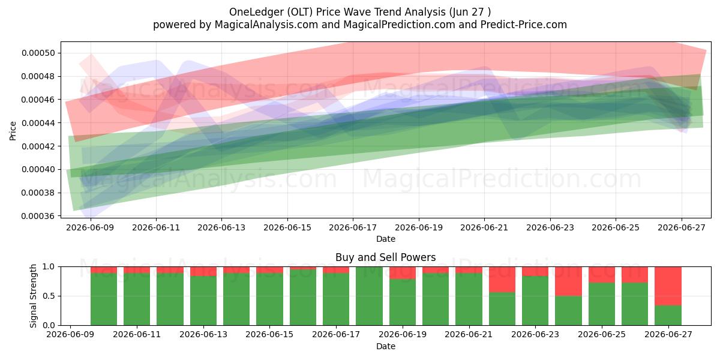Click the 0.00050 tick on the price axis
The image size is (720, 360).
point(38,53)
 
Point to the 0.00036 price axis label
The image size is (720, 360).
point(38,216)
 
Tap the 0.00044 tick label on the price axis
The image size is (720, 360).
point(38,123)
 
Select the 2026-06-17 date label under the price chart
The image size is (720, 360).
point(353,227)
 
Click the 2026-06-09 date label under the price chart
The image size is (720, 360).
point(90,227)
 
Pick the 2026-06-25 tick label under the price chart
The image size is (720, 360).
point(616,227)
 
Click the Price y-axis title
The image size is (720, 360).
point(13,131)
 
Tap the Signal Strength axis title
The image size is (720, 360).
point(33,296)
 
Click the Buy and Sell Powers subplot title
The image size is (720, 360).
point(386,257)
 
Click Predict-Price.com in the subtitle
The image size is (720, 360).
point(524,25)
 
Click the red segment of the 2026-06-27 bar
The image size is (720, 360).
point(668,286)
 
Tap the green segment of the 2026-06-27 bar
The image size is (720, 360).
point(668,316)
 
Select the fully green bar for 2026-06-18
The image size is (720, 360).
point(370,296)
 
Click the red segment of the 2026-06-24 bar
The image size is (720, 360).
point(568,281)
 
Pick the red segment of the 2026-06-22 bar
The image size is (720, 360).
point(502,280)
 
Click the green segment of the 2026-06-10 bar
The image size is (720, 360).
point(104,299)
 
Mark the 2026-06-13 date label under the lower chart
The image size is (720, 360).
point(203,334)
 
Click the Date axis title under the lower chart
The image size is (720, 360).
point(386,346)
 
